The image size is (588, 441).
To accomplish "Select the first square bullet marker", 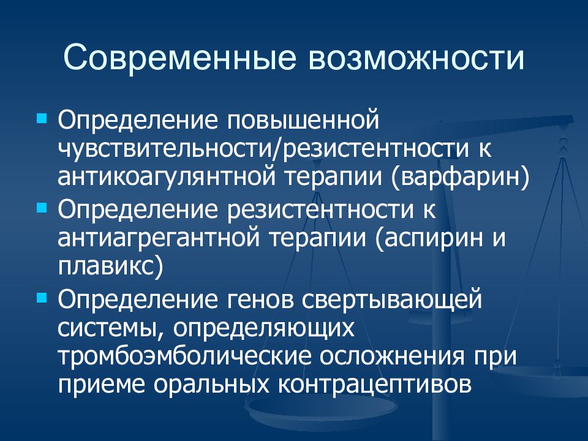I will [x=42, y=116].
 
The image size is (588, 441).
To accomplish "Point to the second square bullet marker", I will [x=42, y=206].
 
